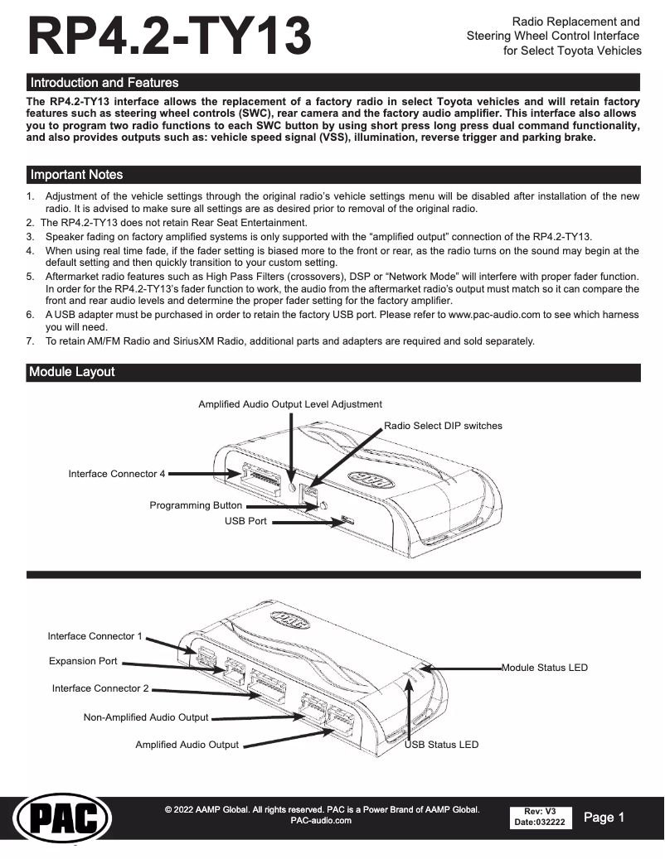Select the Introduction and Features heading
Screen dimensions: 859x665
point(104,83)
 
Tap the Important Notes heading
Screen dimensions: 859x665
point(76,175)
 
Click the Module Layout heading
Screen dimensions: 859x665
point(71,372)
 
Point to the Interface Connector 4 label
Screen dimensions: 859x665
point(116,474)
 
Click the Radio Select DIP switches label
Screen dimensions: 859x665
point(443,426)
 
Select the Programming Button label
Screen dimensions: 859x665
point(196,505)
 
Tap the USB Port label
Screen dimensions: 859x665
point(245,521)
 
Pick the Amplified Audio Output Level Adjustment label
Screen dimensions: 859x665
point(290,404)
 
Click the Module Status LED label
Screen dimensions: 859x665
point(545,668)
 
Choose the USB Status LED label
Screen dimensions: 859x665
point(441,745)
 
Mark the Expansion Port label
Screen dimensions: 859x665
point(83,662)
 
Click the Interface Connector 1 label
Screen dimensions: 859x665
point(95,636)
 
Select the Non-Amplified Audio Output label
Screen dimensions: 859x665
point(146,717)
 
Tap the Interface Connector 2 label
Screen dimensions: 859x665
point(100,688)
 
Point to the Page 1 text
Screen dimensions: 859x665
point(604,818)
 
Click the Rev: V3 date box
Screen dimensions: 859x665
point(539,817)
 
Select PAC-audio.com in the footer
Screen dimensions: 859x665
point(322,821)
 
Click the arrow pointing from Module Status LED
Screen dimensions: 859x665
point(464,668)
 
